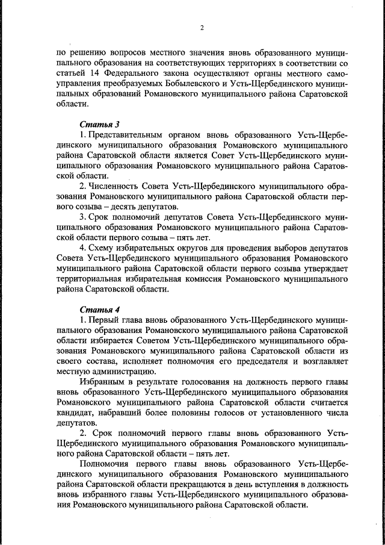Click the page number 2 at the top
coord(202,27)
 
